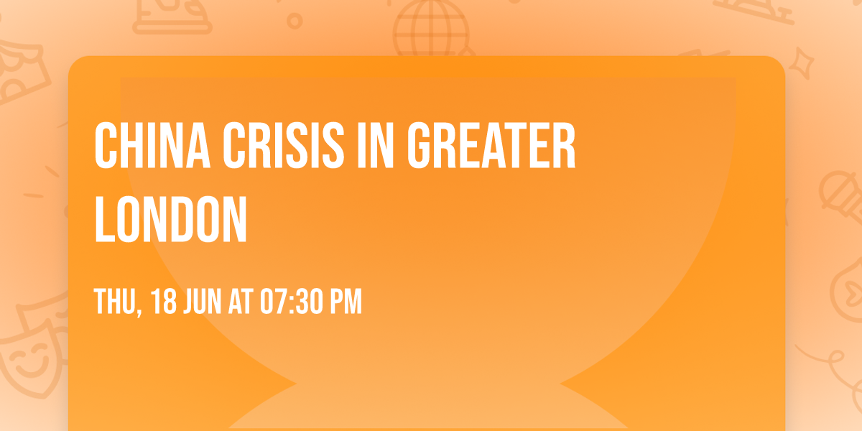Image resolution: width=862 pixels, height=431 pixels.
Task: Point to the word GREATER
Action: [491, 147]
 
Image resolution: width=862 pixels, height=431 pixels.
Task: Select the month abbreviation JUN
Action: [205, 302]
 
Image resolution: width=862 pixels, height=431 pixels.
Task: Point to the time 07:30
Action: [292, 302]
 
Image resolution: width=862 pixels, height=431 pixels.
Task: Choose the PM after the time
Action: [346, 302]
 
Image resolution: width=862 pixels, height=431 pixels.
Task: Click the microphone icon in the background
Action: [837, 190]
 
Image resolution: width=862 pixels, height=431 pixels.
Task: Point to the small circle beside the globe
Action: [295, 22]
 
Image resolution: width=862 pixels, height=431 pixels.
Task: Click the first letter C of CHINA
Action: [106, 147]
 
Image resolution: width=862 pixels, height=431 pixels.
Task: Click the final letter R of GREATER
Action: [565, 147]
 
